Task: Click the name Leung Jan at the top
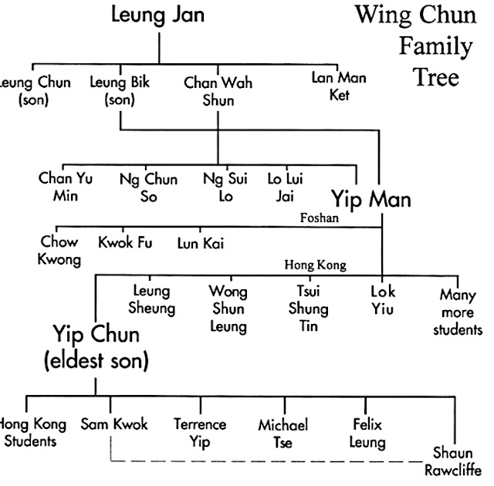[159, 15]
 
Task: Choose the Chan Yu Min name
[66, 186]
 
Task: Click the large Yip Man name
[371, 199]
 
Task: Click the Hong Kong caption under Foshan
[315, 265]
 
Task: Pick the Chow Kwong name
[59, 251]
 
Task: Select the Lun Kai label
[197, 243]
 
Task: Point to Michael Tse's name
[284, 434]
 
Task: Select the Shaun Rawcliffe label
[456, 462]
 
